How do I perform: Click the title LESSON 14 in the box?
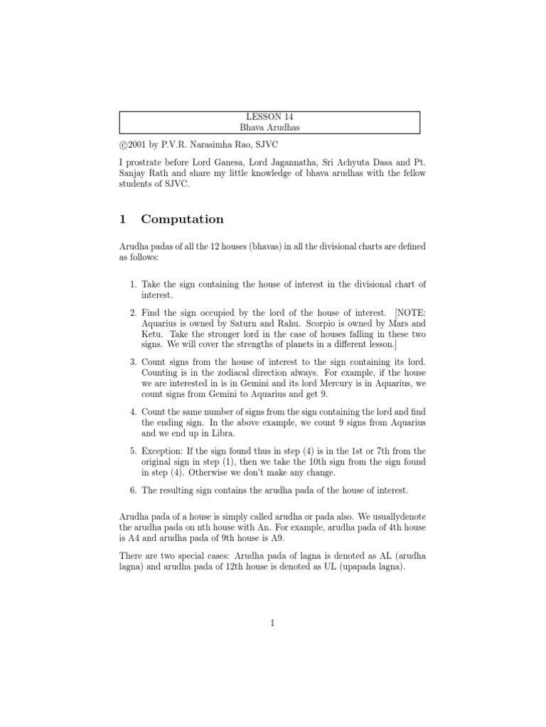tap(269, 117)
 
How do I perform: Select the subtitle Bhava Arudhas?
tap(269, 127)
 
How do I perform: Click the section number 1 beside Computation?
tap(122, 219)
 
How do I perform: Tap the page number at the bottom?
tap(272, 623)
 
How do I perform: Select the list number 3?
tap(134, 362)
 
